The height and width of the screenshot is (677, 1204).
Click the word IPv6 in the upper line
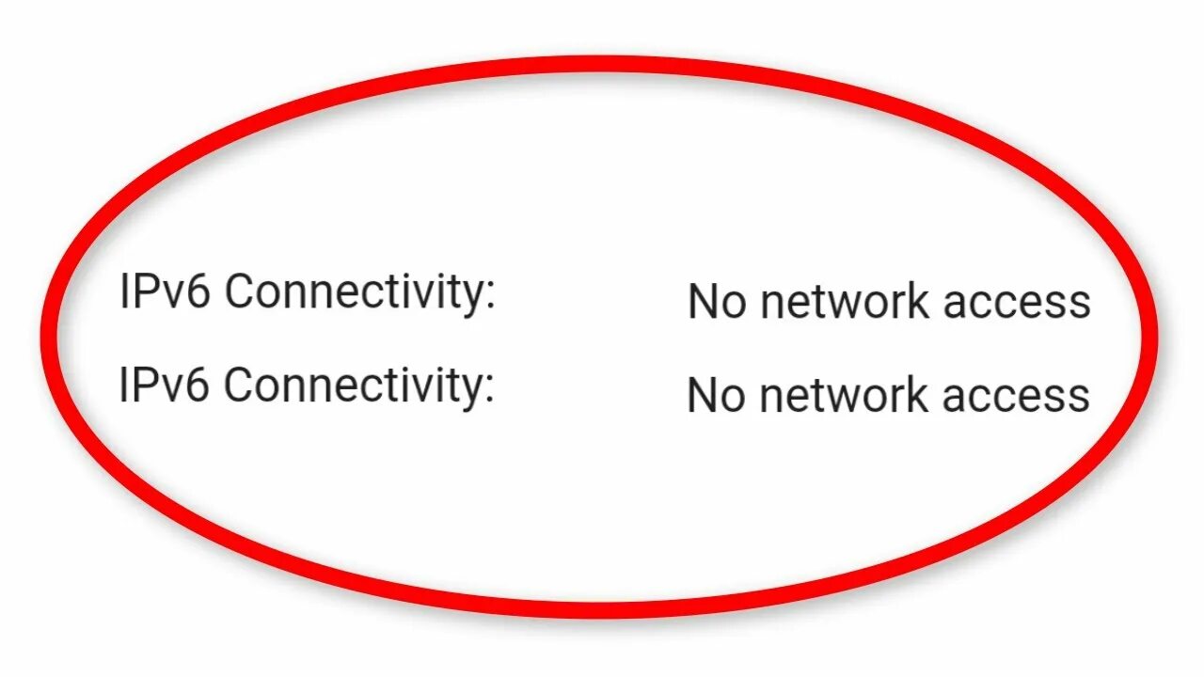point(166,292)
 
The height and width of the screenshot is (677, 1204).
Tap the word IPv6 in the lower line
point(166,385)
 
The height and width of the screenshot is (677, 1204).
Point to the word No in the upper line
point(718,303)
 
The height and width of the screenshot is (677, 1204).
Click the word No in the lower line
point(718,395)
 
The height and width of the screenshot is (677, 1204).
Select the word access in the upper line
point(1017,303)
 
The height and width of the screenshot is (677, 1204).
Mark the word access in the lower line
point(1017,395)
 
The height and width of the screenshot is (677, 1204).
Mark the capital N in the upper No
point(705,303)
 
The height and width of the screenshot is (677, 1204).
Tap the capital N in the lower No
point(705,395)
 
